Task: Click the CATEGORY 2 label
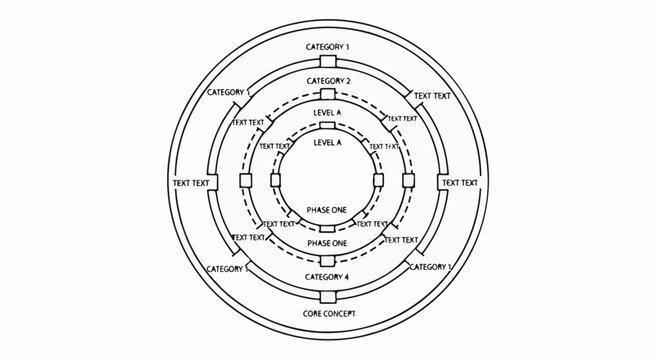[x=328, y=81]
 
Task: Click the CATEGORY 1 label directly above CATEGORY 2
[x=328, y=48]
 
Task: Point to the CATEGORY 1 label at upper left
[x=229, y=92]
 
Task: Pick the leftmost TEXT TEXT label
[x=192, y=183]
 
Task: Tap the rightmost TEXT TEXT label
[x=460, y=183]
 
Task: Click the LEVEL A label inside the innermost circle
[x=328, y=143]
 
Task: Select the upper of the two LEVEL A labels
[x=328, y=113]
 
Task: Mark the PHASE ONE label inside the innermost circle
[x=328, y=211]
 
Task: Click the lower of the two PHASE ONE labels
[x=328, y=243]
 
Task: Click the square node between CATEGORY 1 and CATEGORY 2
[x=328, y=64]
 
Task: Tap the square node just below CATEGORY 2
[x=328, y=97]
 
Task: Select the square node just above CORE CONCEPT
[x=328, y=296]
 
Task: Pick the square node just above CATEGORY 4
[x=328, y=260]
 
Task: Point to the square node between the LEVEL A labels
[x=328, y=128]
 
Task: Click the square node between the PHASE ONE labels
[x=328, y=228]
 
